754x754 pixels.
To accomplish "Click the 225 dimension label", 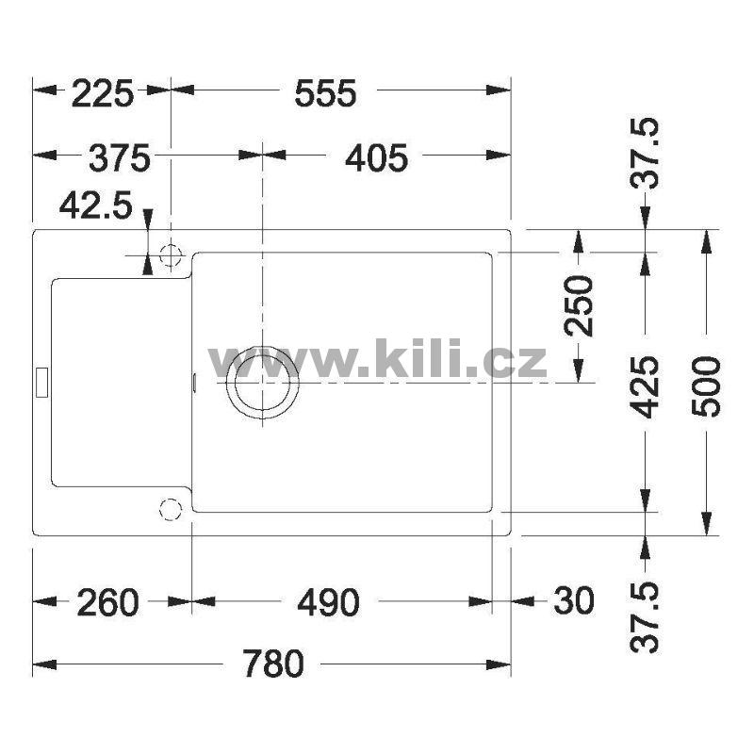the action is [103, 93].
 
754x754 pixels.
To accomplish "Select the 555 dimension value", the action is [325, 93].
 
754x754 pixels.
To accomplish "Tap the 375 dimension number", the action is [120, 158].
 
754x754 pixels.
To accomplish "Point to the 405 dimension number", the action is [376, 158].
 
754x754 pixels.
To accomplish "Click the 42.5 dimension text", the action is [95, 205].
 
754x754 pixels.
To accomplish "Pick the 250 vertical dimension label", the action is [579, 305].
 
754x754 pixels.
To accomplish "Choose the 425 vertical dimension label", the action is [645, 387].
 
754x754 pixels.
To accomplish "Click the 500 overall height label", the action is [706, 386].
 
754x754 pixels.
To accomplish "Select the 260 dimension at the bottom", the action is [107, 602].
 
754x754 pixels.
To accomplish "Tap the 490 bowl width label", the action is [328, 602].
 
